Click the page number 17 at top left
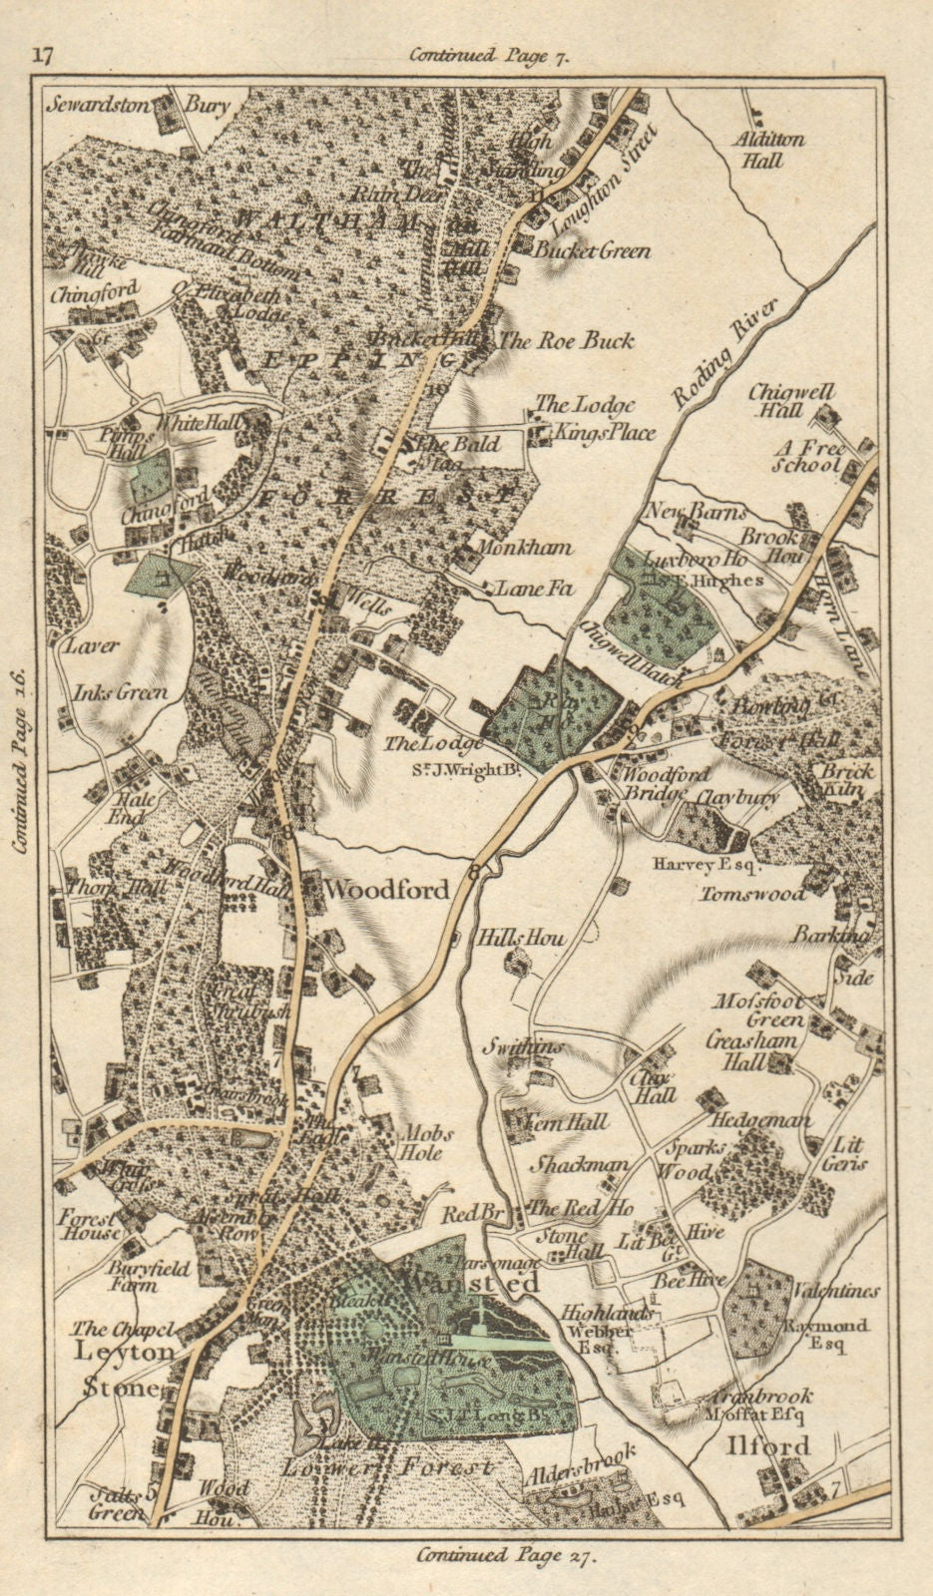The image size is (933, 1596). (x=43, y=54)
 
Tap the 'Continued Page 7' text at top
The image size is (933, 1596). (x=488, y=57)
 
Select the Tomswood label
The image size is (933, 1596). (x=752, y=894)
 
